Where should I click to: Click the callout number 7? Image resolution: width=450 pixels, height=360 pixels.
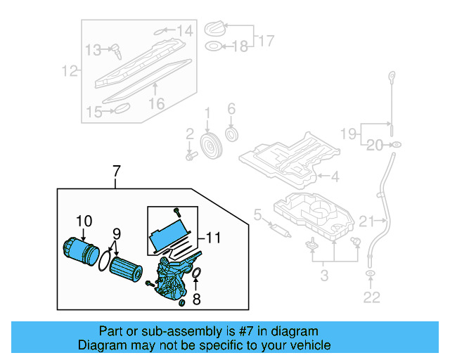[117, 170]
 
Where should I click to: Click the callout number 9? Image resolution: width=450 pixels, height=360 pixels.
[117, 233]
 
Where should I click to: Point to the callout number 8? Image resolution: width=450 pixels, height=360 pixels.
[197, 299]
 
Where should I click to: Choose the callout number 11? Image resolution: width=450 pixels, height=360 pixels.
[213, 238]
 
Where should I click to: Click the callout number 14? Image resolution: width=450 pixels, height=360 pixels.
[184, 30]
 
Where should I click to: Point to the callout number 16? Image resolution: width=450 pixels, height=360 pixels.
[156, 103]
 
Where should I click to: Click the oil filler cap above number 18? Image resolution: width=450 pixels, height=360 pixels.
[216, 28]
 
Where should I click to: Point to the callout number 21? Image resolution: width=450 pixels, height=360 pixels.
[367, 222]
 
